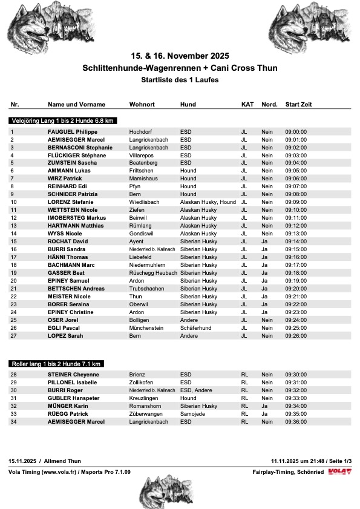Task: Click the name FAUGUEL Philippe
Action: coord(72,131)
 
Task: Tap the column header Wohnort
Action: coord(143,105)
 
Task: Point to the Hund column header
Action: coord(188,105)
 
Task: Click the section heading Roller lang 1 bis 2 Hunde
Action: coord(56,364)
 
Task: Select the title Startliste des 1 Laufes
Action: coord(180,80)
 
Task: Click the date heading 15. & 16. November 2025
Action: coord(180,56)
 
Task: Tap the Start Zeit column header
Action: coord(298,105)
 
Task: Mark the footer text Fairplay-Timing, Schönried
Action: coord(288,471)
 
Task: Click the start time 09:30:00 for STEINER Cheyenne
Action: coord(296,375)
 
